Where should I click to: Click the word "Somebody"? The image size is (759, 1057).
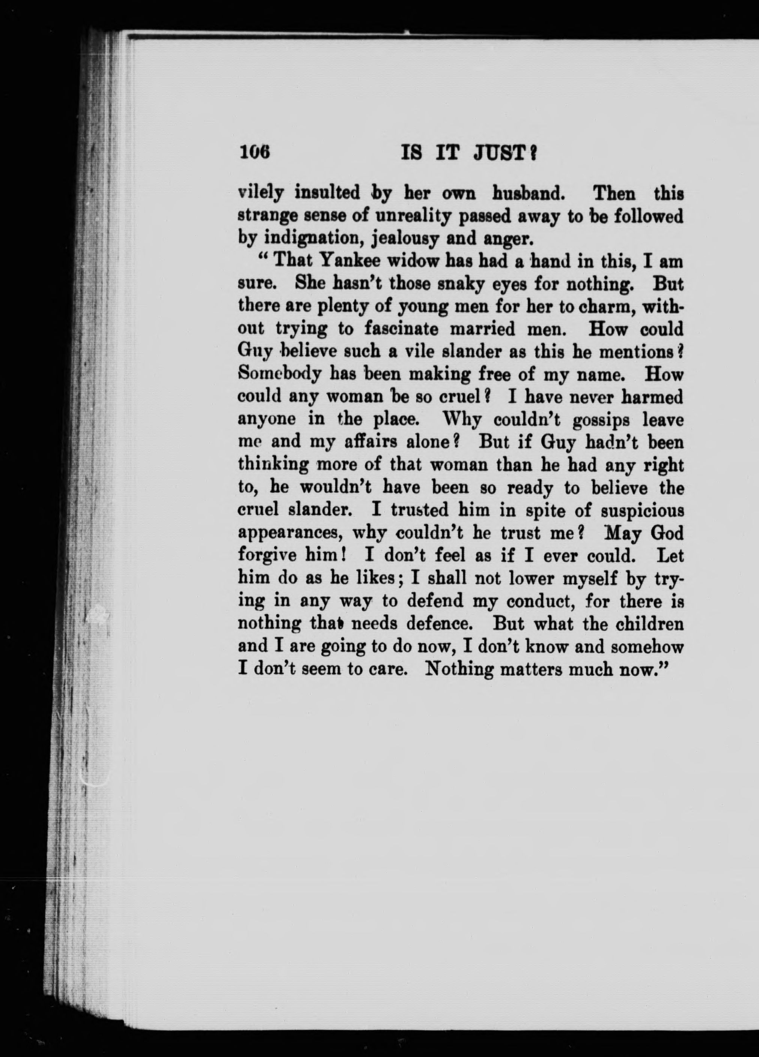[x=279, y=374]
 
